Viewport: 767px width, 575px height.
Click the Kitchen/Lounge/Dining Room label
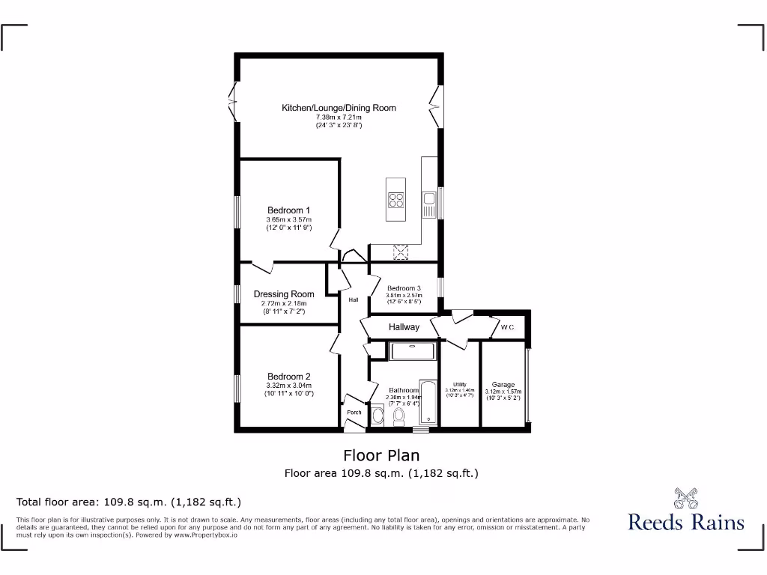pyautogui.click(x=339, y=108)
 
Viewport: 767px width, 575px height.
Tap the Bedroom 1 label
pyautogui.click(x=289, y=210)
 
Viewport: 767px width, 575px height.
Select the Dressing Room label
pyautogui.click(x=284, y=294)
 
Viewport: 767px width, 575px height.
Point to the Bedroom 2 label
pyautogui.click(x=289, y=377)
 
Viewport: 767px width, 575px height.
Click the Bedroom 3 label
pyautogui.click(x=404, y=288)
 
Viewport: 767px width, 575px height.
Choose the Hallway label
pyautogui.click(x=404, y=327)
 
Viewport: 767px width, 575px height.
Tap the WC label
pyautogui.click(x=507, y=327)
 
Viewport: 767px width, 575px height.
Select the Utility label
pyautogui.click(x=460, y=385)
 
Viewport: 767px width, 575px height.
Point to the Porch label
pyautogui.click(x=354, y=413)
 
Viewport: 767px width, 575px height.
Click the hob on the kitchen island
pyautogui.click(x=395, y=199)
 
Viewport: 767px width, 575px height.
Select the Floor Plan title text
pyautogui.click(x=381, y=455)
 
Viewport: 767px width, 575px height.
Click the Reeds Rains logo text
pyautogui.click(x=686, y=522)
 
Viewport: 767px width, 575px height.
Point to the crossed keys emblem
pyautogui.click(x=685, y=497)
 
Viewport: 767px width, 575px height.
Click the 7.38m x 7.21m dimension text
pyautogui.click(x=339, y=118)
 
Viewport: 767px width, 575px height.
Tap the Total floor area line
pyautogui.click(x=129, y=502)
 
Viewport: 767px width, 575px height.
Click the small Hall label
pyautogui.click(x=354, y=299)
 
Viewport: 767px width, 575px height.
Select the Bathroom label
pyautogui.click(x=403, y=390)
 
